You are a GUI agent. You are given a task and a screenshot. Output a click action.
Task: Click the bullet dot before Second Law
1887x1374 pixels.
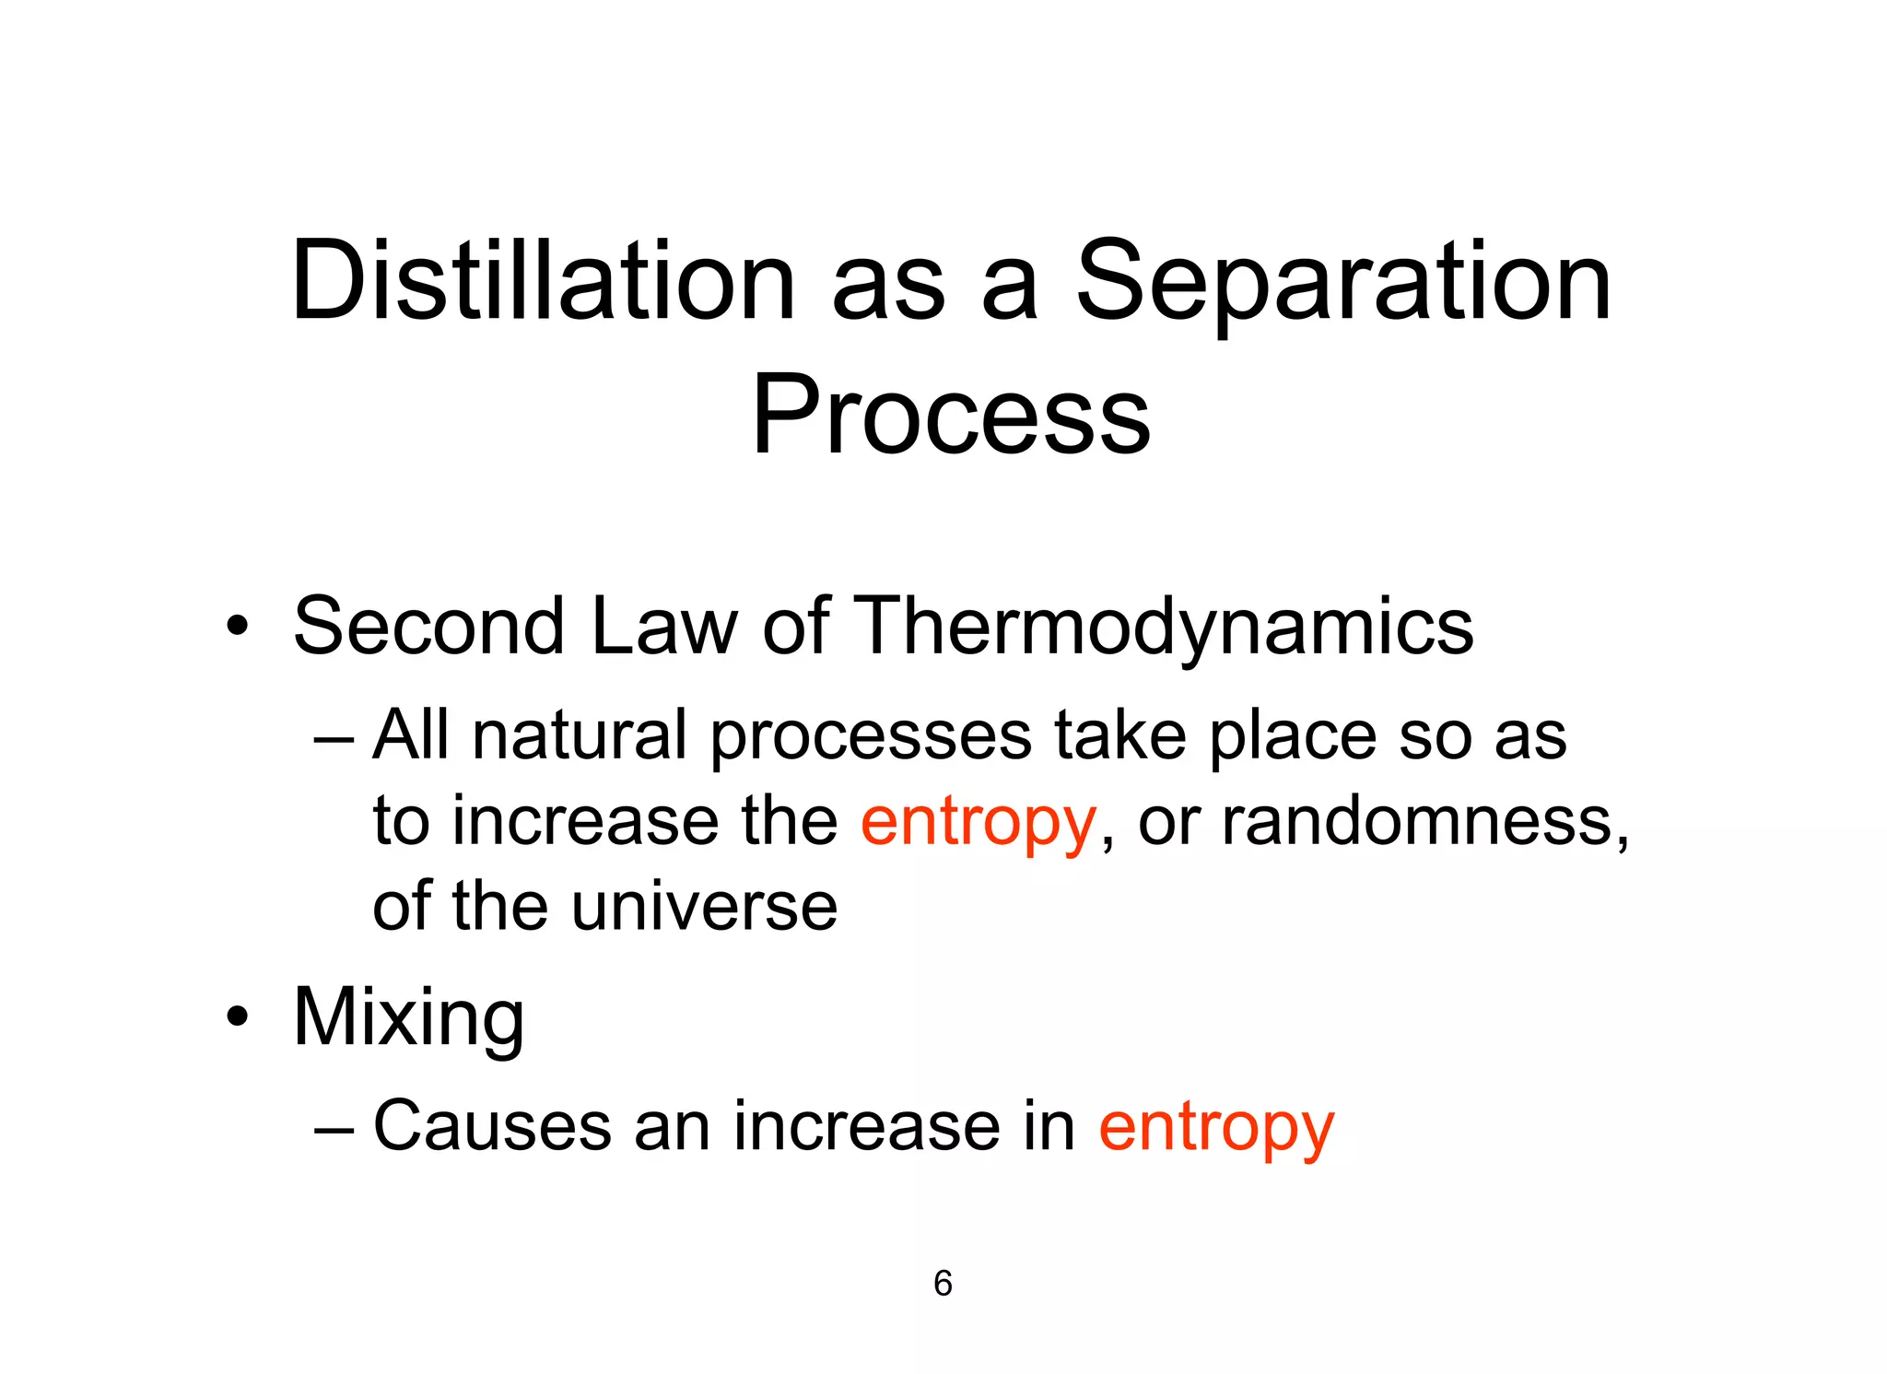point(238,628)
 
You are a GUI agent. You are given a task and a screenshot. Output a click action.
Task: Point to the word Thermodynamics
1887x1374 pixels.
point(1166,627)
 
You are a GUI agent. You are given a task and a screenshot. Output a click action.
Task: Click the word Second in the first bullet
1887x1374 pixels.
point(428,627)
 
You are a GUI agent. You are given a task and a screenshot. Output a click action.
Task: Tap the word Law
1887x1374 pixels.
point(664,627)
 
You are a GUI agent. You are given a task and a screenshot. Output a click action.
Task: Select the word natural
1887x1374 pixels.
point(580,735)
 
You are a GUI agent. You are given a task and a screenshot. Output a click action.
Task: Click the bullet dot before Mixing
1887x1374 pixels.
point(238,1017)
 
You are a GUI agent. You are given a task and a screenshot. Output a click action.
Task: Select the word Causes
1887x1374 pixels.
point(492,1126)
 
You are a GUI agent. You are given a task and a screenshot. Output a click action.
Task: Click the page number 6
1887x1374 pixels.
point(943,1284)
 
